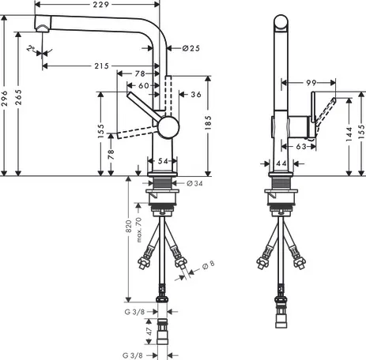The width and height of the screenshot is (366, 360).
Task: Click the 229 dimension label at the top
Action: [101, 5]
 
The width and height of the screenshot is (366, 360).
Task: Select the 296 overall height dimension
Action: [5, 99]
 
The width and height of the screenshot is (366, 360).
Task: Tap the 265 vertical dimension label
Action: [18, 97]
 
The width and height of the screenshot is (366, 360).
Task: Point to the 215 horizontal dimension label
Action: [102, 66]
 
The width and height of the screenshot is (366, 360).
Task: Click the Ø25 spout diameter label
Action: [191, 48]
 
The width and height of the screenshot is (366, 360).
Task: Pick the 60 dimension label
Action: [144, 85]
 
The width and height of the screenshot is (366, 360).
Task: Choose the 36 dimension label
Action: [196, 94]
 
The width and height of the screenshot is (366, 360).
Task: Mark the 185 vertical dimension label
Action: [208, 122]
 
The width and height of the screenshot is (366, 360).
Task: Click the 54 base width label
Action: [163, 161]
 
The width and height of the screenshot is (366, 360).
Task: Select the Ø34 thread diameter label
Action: [194, 183]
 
